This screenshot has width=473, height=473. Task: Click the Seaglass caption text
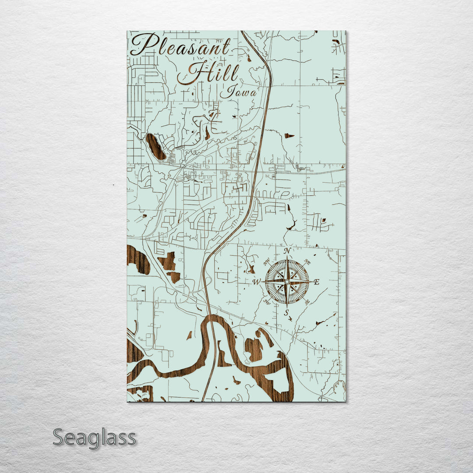tap(94, 438)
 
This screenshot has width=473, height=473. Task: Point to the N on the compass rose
tap(287, 251)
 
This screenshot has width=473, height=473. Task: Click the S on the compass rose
tap(286, 312)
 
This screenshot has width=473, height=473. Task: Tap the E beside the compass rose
tap(317, 282)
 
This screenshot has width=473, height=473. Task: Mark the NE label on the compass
tap(307, 262)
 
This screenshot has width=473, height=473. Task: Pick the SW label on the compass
tap(267, 302)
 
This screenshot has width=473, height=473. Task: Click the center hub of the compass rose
tap(287, 282)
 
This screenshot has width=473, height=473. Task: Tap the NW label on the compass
tap(267, 263)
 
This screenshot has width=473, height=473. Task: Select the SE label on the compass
tap(307, 302)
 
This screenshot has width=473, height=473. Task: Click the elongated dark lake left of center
tap(155, 147)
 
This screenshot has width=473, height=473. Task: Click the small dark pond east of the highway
tap(289, 136)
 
